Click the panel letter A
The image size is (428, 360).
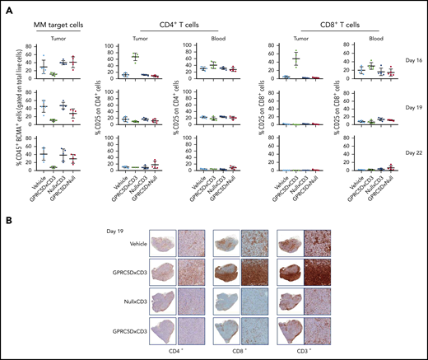(7, 7)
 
